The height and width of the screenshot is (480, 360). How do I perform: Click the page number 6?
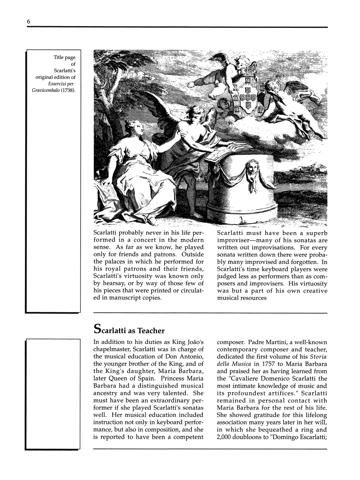point(28,21)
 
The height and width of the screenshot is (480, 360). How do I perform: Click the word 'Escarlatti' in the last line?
point(310,437)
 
